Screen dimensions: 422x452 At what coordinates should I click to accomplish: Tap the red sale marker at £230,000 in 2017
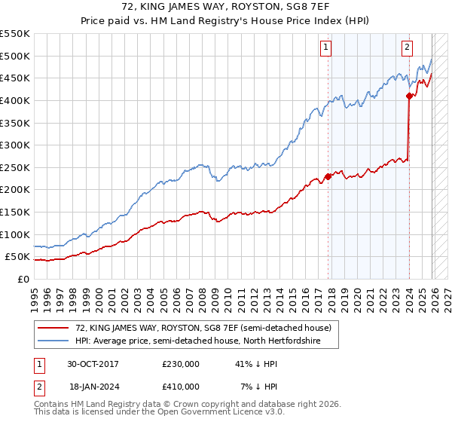[x=328, y=176]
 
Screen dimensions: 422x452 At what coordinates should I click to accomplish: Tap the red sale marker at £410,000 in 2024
[x=409, y=96]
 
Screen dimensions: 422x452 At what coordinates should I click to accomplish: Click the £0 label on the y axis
[x=23, y=279]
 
